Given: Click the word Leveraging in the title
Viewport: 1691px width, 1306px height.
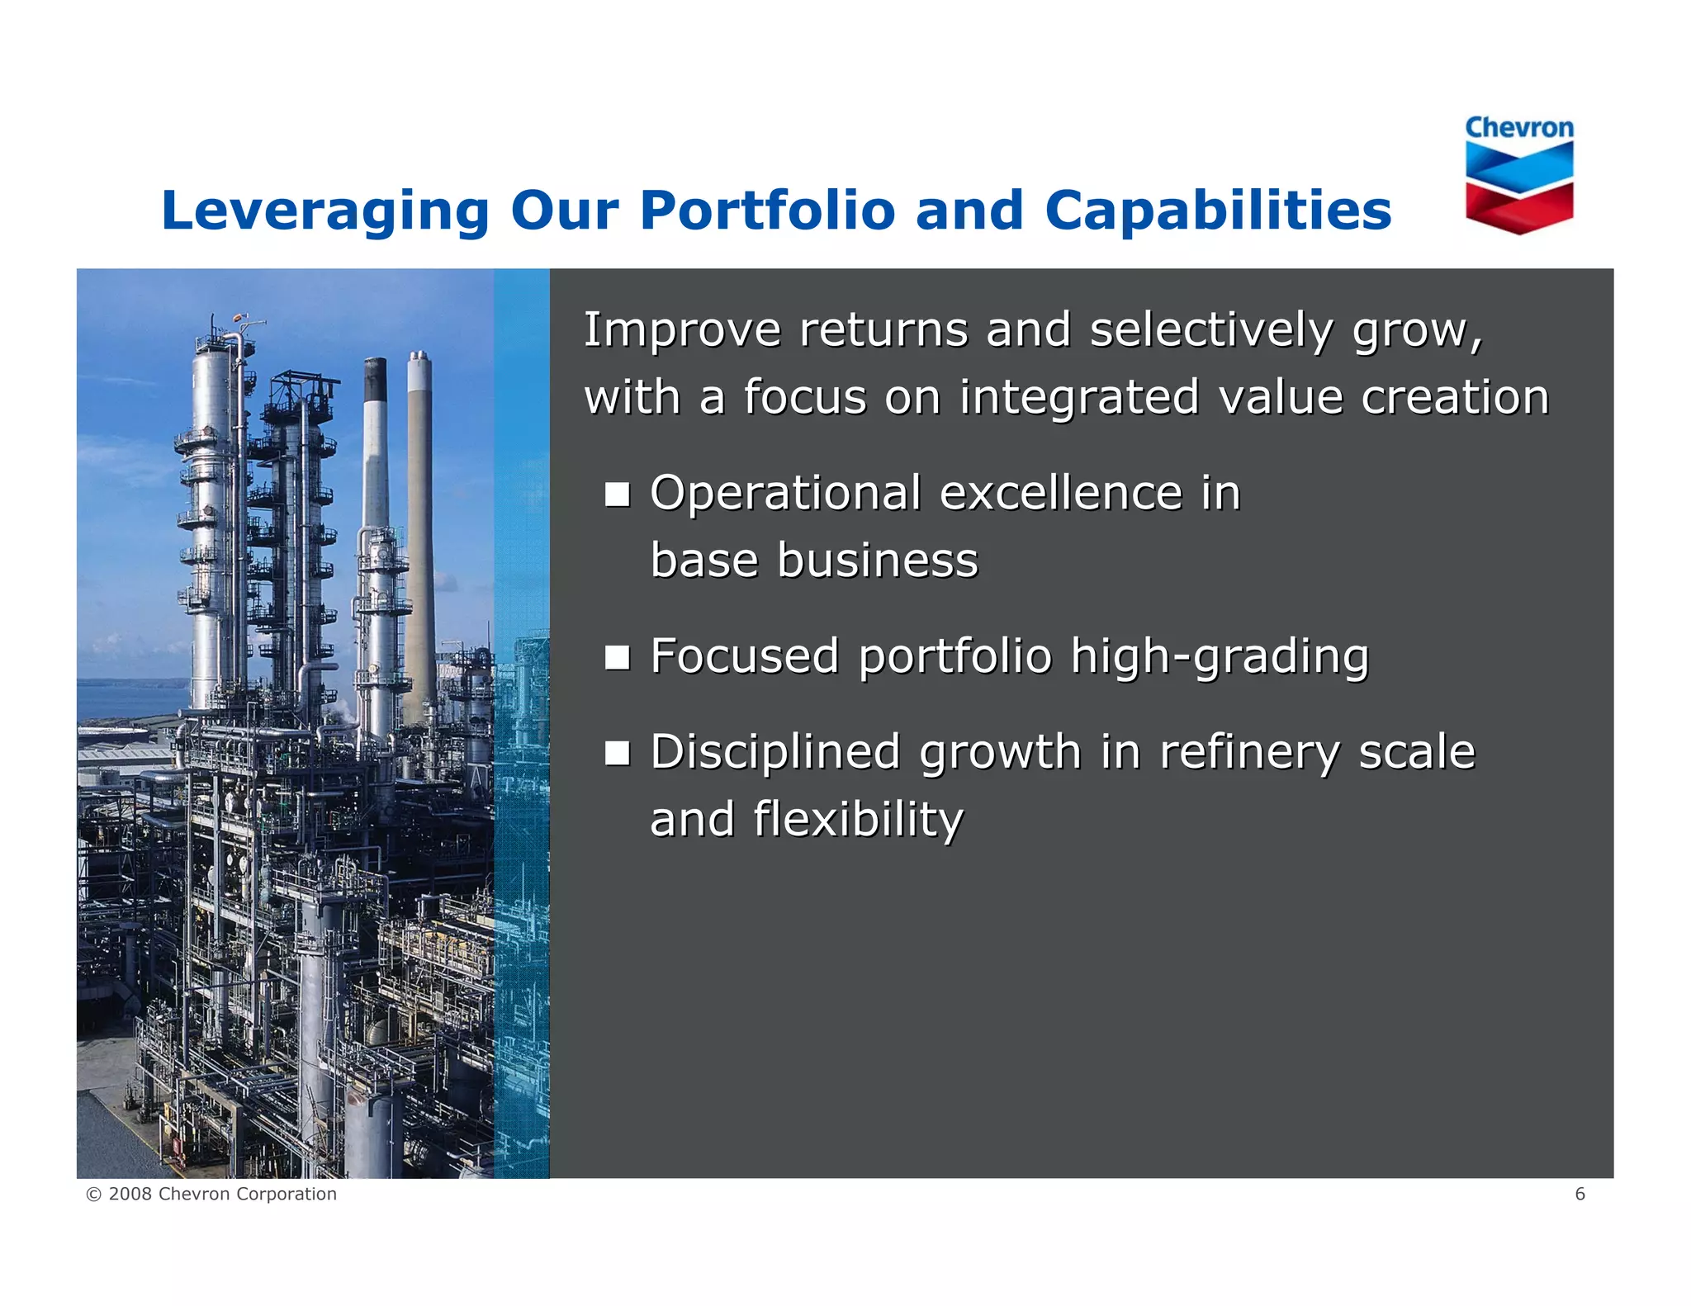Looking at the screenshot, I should (325, 211).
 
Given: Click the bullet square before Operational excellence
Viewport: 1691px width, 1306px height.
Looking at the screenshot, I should (617, 494).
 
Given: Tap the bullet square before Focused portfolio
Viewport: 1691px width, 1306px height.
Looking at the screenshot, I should (617, 658).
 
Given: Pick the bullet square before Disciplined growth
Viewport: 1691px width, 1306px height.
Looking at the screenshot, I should (617, 753).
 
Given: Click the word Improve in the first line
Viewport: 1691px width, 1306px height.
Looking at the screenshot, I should (682, 331).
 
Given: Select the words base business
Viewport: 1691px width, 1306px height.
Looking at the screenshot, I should (813, 561).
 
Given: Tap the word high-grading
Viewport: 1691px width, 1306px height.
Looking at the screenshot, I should (1220, 658).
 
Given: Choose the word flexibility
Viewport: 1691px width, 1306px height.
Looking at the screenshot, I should (858, 821).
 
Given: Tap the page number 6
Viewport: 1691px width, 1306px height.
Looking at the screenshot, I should (1580, 1194).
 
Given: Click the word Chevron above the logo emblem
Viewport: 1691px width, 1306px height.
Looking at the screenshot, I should (1519, 128).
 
